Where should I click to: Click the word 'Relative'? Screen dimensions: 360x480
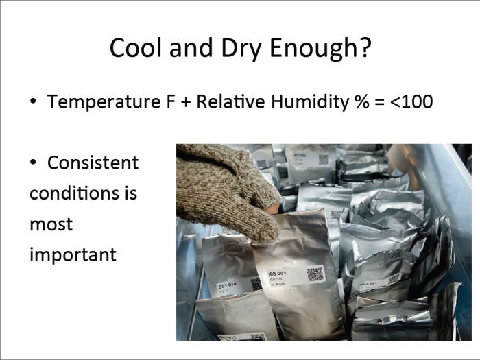233,103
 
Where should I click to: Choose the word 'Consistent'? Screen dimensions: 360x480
93,163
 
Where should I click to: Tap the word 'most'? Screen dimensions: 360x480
51,224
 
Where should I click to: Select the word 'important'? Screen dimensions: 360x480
73,255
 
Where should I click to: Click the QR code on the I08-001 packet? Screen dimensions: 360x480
315,274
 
